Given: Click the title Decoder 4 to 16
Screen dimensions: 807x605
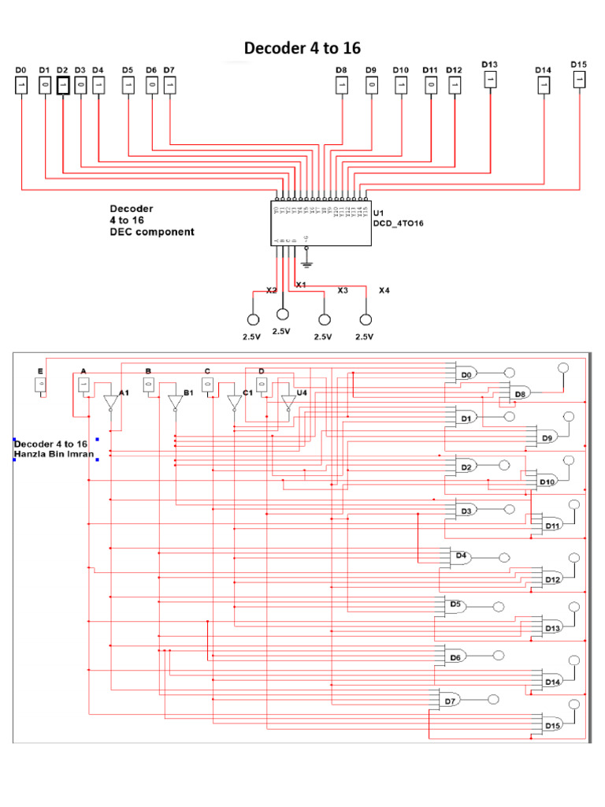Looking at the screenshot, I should pos(302,48).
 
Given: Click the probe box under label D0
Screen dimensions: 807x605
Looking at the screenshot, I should pos(22,84).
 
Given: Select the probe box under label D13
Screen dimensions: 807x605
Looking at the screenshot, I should pos(490,79).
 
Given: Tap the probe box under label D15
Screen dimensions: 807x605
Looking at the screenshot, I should pos(579,79).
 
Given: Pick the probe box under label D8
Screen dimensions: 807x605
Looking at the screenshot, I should pos(341,84).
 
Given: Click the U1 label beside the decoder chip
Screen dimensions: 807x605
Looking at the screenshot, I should pos(378,213).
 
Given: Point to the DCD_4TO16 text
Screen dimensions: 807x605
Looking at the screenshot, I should pos(398,224).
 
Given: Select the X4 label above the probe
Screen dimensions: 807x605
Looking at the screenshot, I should pos(384,290).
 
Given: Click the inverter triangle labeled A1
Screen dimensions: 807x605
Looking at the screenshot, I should pos(110,403).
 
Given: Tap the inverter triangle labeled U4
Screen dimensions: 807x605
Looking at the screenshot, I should pos(288,403).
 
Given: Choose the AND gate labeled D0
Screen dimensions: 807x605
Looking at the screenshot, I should pos(466,374).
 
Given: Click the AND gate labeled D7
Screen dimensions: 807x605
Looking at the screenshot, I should pos(450,700).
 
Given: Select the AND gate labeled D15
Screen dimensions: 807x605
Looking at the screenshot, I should pos(552,725).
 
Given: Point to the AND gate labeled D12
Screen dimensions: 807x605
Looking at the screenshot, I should pos(552,579).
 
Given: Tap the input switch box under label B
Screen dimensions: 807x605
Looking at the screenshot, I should pos(147,385).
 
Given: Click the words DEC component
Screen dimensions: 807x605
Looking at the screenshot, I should pos(151,232).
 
